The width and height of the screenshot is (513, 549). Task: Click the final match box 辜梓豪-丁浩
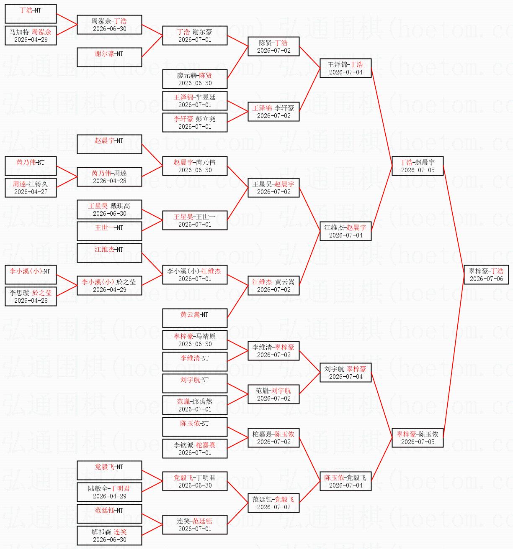point(486,274)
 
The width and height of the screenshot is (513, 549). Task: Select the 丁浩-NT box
point(31,13)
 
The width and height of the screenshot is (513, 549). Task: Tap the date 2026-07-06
point(487,278)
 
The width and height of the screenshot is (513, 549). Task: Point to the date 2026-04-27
point(31,192)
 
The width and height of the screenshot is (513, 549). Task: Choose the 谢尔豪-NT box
point(109,57)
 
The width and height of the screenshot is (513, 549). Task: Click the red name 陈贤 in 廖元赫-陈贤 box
point(206,75)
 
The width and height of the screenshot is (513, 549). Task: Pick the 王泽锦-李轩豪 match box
point(274,111)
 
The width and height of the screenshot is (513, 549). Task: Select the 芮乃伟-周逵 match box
point(109,176)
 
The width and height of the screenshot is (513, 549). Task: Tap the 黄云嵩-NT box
point(195,318)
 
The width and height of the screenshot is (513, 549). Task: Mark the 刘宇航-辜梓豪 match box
point(345,373)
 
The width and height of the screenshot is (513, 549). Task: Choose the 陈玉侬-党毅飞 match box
point(345,481)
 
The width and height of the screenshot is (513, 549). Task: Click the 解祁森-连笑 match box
point(109,536)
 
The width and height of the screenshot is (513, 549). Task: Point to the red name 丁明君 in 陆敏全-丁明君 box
point(120,488)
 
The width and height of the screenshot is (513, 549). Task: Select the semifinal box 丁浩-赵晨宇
point(418,166)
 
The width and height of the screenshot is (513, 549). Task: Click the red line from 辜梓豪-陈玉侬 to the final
point(454,356)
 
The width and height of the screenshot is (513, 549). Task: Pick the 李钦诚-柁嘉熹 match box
point(195,448)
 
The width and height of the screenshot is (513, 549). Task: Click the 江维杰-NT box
point(109,253)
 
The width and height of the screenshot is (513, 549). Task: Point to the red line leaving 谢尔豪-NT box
point(152,46)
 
